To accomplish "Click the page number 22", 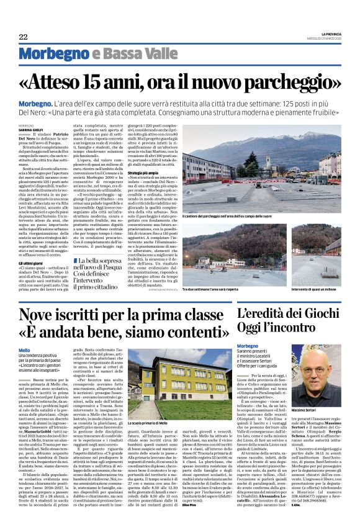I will pyautogui.click(x=23, y=37).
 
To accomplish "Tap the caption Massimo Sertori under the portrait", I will pyautogui.click(x=310, y=428).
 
